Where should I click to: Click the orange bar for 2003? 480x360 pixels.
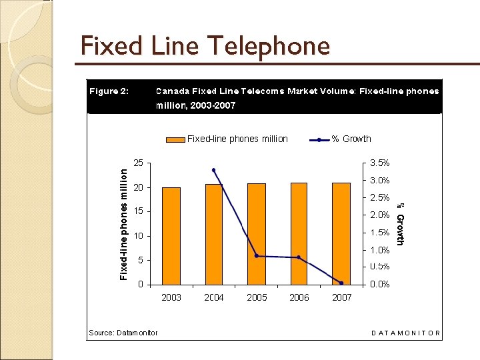(171, 236)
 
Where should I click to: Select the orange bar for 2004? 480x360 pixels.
(213, 234)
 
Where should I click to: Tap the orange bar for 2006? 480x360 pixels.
(299, 233)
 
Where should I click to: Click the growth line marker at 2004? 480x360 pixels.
(213, 170)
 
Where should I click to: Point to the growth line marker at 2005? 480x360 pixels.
(257, 256)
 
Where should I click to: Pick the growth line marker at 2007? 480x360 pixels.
(341, 283)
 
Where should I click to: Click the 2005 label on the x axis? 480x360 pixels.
(257, 298)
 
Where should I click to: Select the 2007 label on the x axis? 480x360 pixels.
(341, 298)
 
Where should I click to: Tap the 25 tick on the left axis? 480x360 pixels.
(137, 163)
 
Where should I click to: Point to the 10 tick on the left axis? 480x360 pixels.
(137, 236)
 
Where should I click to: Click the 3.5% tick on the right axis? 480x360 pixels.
(379, 163)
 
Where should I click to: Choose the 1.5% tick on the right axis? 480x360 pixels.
(379, 233)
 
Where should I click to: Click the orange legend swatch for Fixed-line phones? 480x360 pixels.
(175, 139)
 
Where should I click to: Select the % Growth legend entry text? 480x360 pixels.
(351, 139)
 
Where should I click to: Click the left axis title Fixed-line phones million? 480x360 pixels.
(123, 223)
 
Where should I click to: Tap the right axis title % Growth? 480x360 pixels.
(399, 223)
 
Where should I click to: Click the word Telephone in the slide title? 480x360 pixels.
(269, 46)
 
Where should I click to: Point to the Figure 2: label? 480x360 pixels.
(109, 91)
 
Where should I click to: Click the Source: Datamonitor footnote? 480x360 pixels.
(123, 332)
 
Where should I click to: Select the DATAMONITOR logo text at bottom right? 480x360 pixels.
(405, 332)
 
